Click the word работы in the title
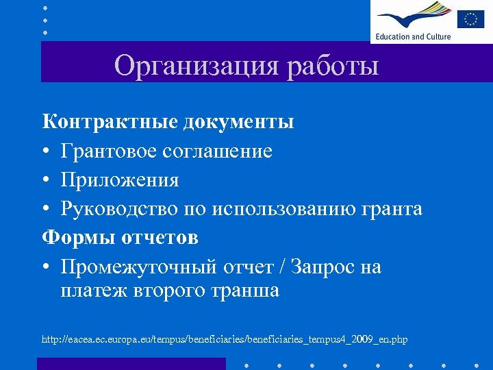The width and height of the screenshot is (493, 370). [x=333, y=66]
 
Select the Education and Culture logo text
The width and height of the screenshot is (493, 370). [x=413, y=36]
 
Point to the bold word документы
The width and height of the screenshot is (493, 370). [x=238, y=122]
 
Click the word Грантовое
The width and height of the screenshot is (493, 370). [x=108, y=151]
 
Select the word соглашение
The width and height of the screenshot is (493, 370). [x=217, y=151]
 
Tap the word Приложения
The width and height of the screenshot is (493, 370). [x=120, y=180]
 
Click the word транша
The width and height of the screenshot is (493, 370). [x=246, y=291]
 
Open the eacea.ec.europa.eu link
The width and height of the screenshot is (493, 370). [x=225, y=339]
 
